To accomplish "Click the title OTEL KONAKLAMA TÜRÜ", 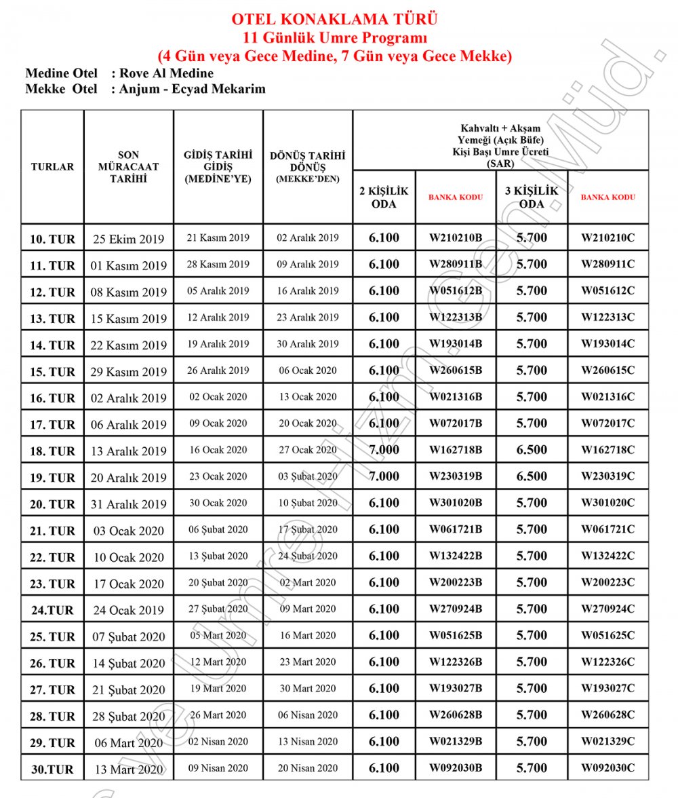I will (x=334, y=19).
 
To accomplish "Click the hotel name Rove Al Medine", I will (x=166, y=73).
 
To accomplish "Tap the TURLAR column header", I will (x=52, y=166).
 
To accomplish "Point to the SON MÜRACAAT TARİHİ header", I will (x=128, y=167).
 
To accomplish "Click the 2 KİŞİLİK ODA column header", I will (x=384, y=197).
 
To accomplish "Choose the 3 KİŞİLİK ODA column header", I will (x=532, y=197).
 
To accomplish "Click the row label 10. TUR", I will (x=52, y=239).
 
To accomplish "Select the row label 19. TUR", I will (x=52, y=478).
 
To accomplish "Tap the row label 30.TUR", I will (x=52, y=769).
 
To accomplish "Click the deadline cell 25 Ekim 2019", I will (x=128, y=239).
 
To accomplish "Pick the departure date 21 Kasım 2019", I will (x=218, y=238).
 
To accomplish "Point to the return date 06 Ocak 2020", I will (x=307, y=370).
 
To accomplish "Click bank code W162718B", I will (x=456, y=450).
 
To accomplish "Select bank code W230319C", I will (x=607, y=476).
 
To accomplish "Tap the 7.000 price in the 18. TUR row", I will (x=384, y=450).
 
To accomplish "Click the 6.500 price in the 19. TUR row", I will (x=532, y=476).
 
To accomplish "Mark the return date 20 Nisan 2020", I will (x=307, y=768).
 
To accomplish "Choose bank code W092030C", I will (x=607, y=768).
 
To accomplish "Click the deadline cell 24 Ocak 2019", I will (x=128, y=610).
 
